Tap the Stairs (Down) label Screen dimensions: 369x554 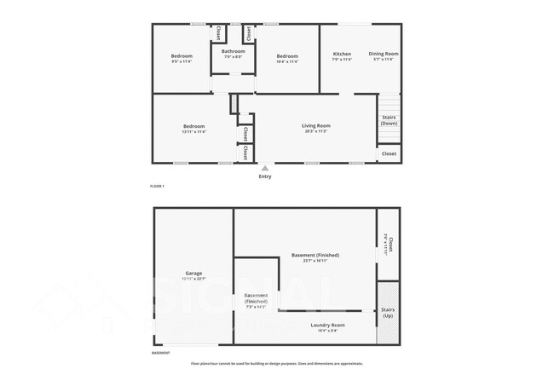point(389,120)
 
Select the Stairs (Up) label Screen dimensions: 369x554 point(389,313)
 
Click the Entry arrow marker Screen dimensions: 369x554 point(265,168)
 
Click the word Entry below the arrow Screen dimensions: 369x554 point(265,176)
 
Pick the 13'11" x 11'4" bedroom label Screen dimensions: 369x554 point(193,129)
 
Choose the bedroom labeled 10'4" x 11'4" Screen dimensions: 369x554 point(287,58)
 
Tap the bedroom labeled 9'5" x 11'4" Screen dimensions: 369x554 point(182,58)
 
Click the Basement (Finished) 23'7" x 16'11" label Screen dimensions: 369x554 point(315,257)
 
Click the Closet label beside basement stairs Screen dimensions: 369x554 point(387,245)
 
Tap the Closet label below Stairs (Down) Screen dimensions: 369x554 point(389,153)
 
